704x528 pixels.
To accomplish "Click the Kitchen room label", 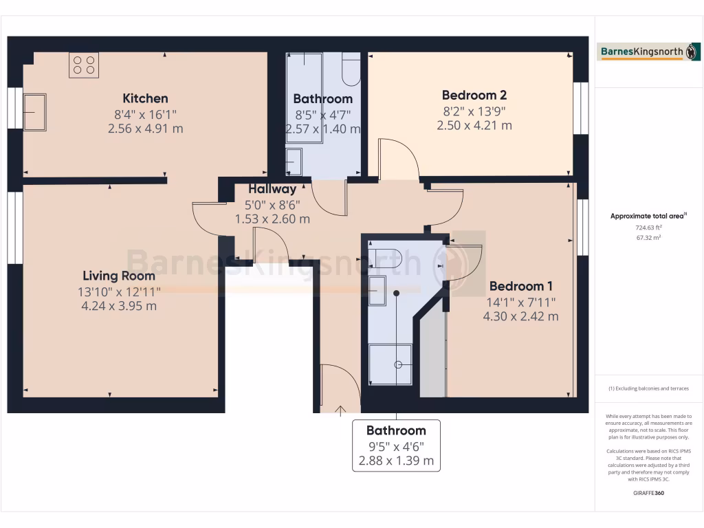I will tap(145, 98).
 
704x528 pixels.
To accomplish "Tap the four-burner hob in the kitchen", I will tap(84, 65).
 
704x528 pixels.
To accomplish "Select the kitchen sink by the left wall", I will tap(35, 111).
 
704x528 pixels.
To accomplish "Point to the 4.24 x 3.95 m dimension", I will tap(118, 306).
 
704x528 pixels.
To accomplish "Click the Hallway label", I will tap(272, 189).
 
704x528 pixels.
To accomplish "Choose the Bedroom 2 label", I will tap(474, 96).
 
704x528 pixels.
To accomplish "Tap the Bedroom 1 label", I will tap(521, 286).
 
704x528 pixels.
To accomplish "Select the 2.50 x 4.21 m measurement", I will tap(474, 125).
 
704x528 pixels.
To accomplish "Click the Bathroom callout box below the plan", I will tap(396, 445).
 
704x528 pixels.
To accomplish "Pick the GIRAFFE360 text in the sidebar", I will tap(649, 493).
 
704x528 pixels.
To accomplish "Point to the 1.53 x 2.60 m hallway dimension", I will tap(272, 219).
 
